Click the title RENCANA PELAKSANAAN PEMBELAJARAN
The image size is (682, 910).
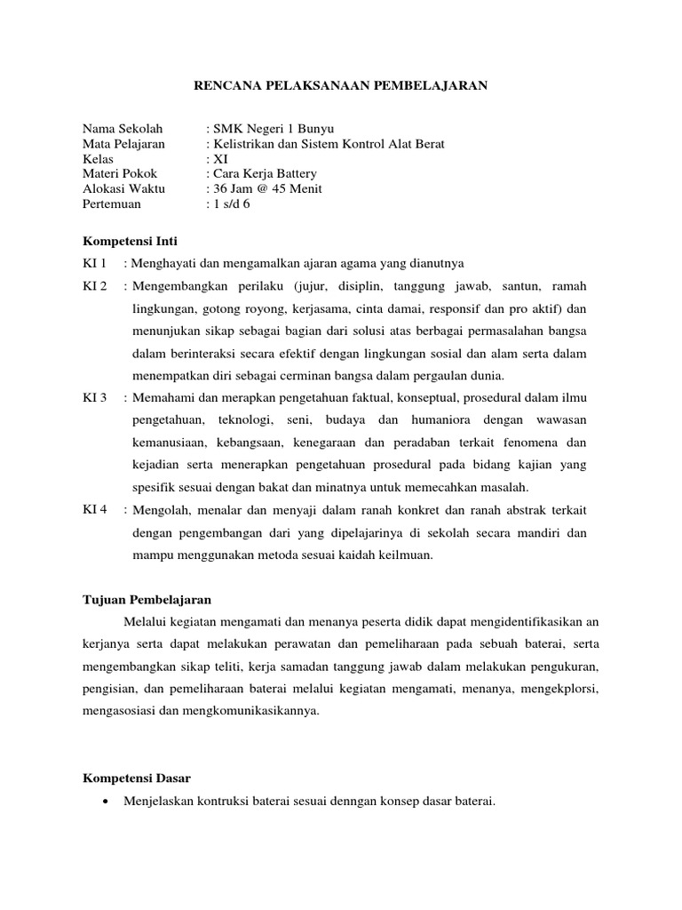coord(341,86)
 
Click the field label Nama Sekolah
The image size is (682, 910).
coord(119,129)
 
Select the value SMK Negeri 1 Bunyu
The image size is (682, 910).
coord(269,129)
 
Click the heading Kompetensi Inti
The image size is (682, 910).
coord(130,241)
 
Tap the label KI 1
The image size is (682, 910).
coord(94,264)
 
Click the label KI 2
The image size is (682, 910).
coord(94,286)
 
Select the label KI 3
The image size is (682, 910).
coord(94,396)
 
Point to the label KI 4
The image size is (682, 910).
coord(94,509)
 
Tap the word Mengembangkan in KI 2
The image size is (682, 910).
coord(178,286)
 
